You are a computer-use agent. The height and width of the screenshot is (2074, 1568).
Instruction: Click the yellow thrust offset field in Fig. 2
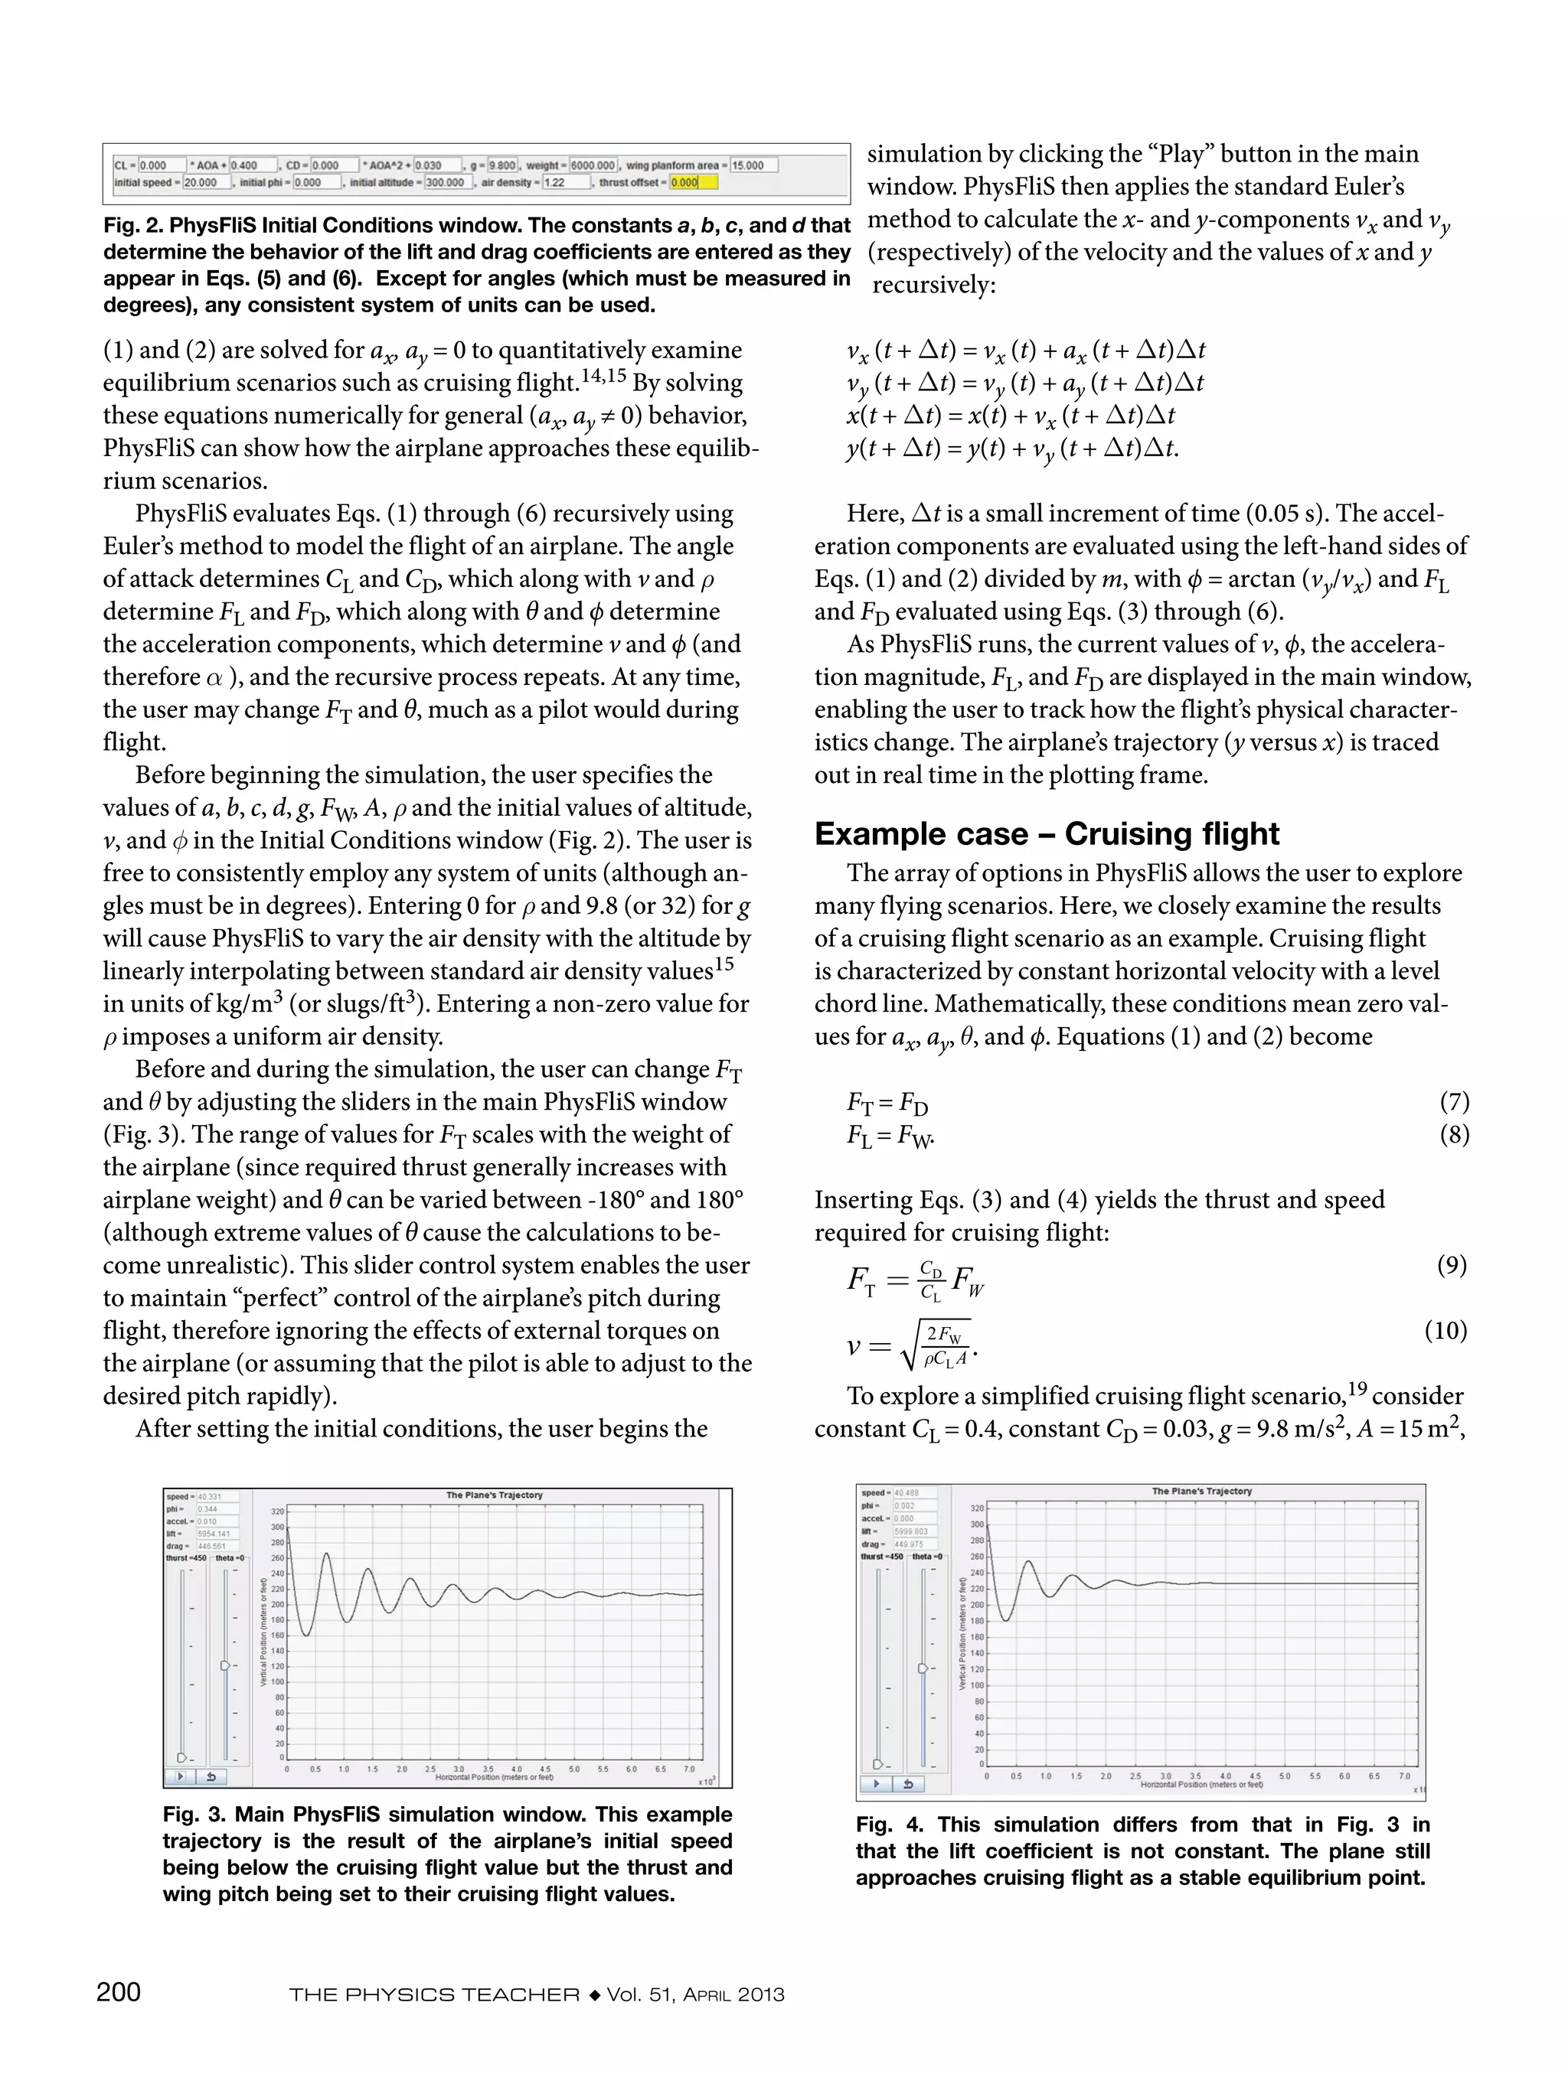pyautogui.click(x=693, y=183)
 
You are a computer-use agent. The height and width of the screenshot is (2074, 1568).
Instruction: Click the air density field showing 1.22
pyautogui.click(x=567, y=183)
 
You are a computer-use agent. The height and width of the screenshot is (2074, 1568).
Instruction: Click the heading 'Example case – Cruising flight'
pyautogui.click(x=1047, y=833)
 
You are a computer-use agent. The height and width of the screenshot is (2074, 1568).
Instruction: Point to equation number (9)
pyautogui.click(x=1452, y=1265)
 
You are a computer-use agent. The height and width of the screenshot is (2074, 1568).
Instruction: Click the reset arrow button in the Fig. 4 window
pyautogui.click(x=908, y=1784)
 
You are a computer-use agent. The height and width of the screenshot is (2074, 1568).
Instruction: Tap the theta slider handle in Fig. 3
pyautogui.click(x=224, y=1665)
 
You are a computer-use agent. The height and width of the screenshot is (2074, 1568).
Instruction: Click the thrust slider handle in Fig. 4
pyautogui.click(x=877, y=1765)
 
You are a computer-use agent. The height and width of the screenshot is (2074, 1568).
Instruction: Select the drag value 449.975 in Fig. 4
pyautogui.click(x=909, y=1544)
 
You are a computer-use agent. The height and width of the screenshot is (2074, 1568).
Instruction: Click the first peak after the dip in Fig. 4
pyautogui.click(x=1029, y=1562)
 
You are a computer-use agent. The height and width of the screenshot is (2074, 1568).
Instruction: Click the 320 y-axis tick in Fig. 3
pyautogui.click(x=278, y=1512)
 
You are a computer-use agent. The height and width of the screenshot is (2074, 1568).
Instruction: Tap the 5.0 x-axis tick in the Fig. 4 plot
pyautogui.click(x=1285, y=1776)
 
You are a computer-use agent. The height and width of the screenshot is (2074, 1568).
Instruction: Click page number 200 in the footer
pyautogui.click(x=119, y=1991)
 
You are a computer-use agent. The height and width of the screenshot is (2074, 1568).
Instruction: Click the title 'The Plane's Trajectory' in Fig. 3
pyautogui.click(x=495, y=1495)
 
